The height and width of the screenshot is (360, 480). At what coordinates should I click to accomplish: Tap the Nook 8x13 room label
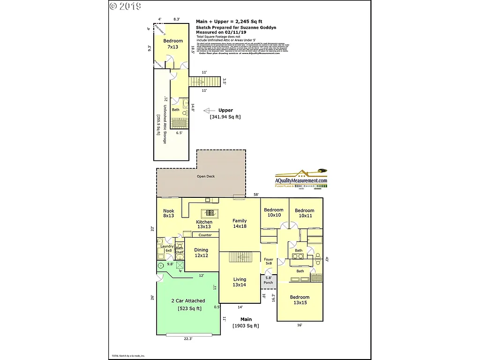coord(168,213)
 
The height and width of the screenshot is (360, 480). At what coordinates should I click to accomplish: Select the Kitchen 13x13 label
coord(204,225)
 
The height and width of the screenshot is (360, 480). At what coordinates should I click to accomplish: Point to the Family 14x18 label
coord(240,223)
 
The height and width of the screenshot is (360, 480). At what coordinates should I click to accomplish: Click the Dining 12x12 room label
coord(201,253)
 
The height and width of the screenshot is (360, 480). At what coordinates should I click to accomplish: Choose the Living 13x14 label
coord(240,282)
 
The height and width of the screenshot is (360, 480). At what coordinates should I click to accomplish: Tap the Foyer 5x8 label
coord(268,262)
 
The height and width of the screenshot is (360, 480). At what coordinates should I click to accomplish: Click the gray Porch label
coord(268,283)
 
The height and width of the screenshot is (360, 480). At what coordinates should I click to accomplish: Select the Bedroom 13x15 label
coord(300,300)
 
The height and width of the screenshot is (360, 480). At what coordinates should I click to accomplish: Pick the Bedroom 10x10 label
coord(273,212)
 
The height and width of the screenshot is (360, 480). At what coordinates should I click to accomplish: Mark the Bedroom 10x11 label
coord(304,213)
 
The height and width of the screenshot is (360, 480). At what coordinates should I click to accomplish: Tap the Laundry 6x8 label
coord(167,248)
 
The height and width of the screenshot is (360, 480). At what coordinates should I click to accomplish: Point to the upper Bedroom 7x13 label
coord(173,44)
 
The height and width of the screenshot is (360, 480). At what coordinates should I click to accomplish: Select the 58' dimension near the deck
coord(256,195)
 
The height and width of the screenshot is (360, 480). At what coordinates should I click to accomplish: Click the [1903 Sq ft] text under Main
coord(246,326)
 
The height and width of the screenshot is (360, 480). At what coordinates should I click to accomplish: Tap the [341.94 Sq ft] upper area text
coord(225,117)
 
